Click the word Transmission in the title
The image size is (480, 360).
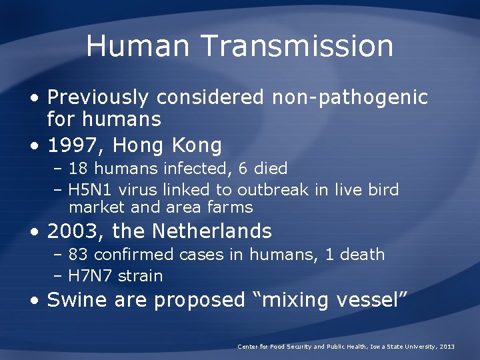coord(297,46)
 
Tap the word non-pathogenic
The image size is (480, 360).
coord(349,97)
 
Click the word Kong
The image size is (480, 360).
coord(197,145)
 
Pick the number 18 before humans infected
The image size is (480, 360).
coord(78,168)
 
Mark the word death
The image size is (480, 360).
coord(362,254)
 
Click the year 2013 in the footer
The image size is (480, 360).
coord(447,347)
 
